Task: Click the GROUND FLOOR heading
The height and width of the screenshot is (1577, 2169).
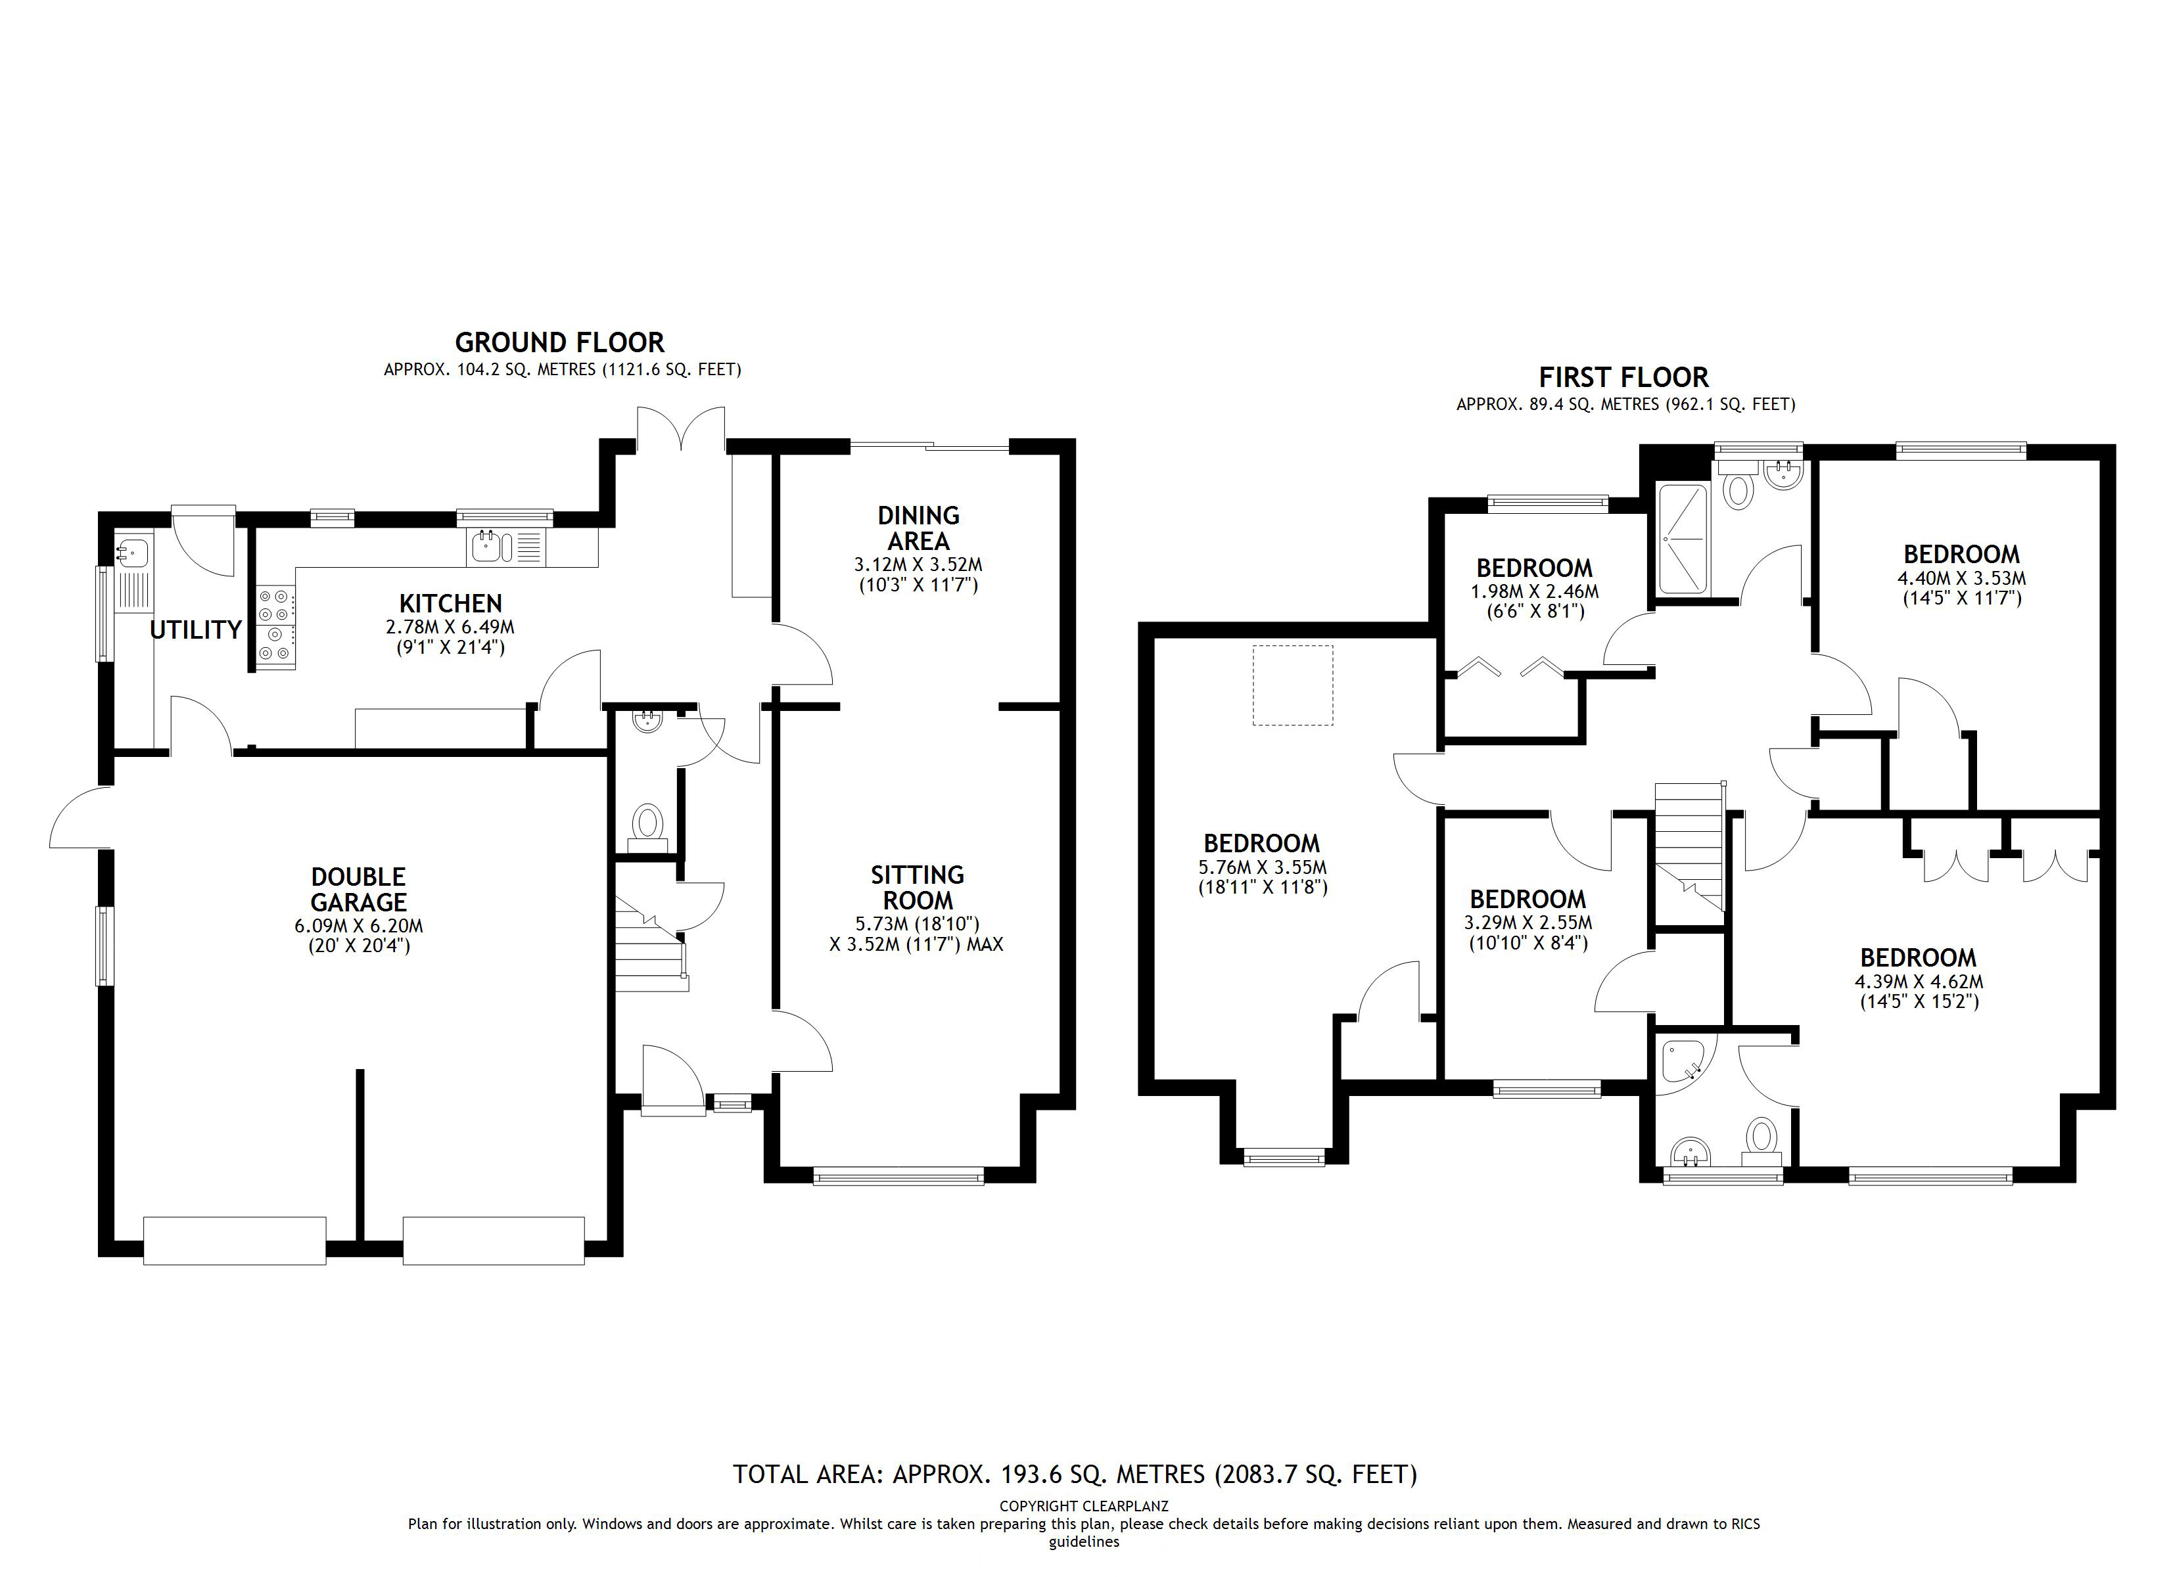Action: click(559, 342)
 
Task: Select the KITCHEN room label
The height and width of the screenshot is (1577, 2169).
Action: click(450, 603)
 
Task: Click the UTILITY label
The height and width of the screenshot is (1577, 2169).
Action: click(195, 629)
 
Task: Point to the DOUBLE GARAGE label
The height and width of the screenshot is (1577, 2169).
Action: click(359, 890)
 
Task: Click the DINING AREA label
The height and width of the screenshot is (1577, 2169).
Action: click(918, 528)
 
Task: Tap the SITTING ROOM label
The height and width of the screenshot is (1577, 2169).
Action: click(917, 888)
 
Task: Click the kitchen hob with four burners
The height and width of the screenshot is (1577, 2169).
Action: click(275, 622)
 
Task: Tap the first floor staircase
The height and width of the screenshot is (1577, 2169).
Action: click(1689, 846)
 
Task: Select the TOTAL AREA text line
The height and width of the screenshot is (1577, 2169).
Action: click(1075, 1474)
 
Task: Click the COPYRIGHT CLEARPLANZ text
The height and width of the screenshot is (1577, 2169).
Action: click(1084, 1506)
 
